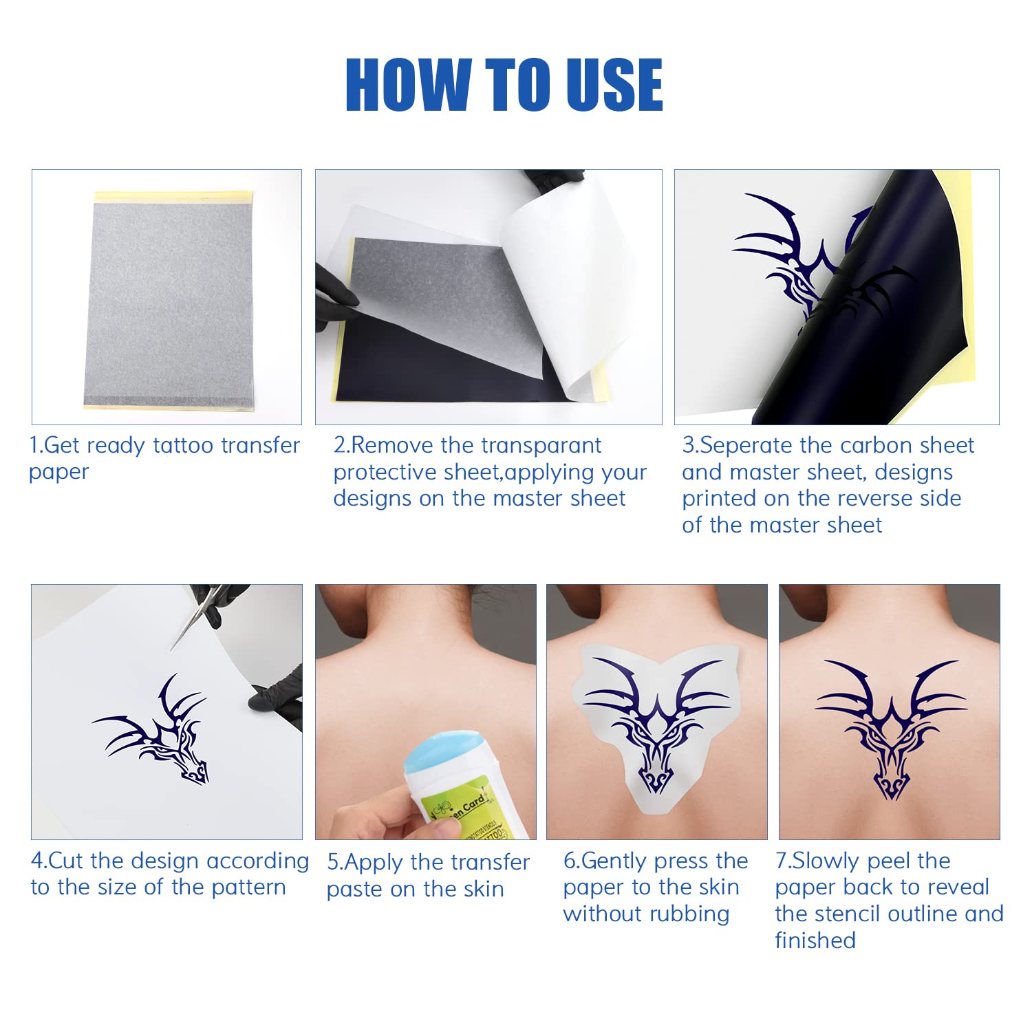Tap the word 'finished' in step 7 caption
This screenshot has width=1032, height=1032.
click(x=815, y=940)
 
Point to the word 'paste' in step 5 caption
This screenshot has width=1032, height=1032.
click(x=354, y=889)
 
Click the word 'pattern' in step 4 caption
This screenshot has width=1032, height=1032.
click(x=248, y=888)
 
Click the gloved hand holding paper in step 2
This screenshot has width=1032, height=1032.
click(x=337, y=303)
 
